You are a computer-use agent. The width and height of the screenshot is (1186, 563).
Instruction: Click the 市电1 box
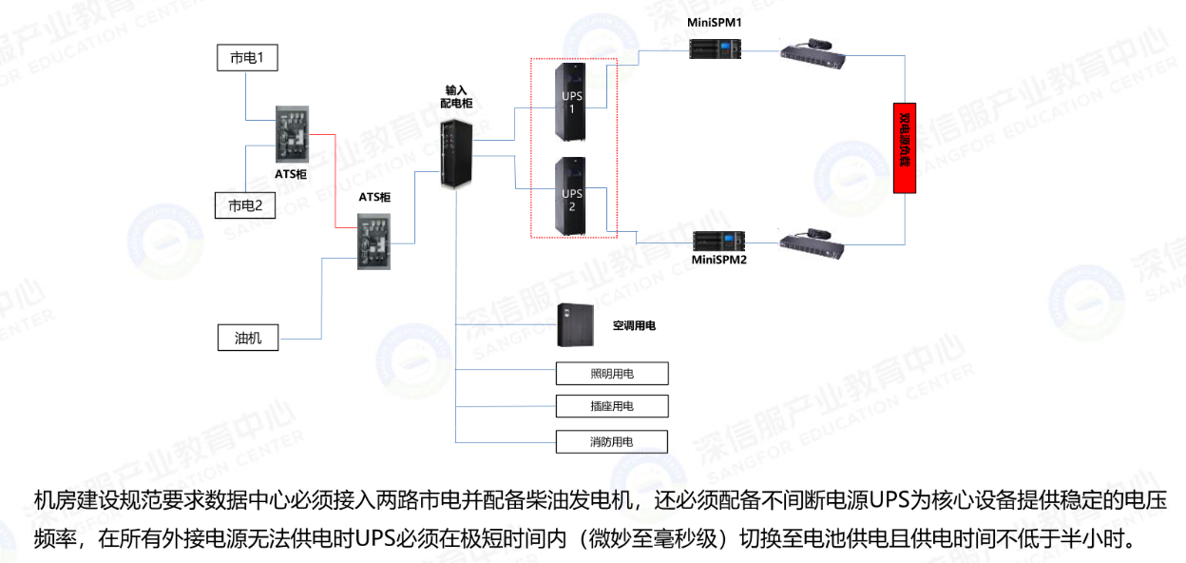(246, 58)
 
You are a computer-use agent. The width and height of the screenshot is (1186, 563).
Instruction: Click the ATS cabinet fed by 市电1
(292, 134)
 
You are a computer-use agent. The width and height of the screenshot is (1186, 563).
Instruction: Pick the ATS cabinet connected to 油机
(374, 241)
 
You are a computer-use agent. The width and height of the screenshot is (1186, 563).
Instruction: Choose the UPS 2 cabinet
(571, 197)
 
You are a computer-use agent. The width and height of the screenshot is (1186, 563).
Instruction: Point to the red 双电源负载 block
(905, 148)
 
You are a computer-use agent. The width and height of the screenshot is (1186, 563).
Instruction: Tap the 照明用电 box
(612, 373)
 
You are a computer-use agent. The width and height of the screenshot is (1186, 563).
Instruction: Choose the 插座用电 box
(612, 406)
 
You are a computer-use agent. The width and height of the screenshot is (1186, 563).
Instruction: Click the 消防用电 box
(612, 441)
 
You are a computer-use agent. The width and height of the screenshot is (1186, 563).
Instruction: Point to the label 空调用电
(634, 325)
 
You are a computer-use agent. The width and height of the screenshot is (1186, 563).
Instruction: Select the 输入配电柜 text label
(456, 96)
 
